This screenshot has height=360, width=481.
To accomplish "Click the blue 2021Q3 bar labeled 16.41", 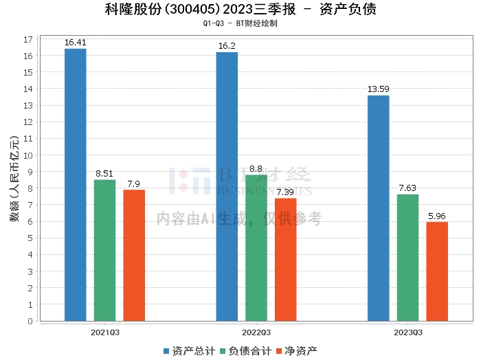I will point(75,185).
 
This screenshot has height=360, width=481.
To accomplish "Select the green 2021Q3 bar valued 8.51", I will point(104,250).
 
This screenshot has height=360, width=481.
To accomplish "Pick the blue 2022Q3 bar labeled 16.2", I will point(227,186).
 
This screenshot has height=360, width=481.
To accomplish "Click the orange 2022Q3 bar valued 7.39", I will point(285,259).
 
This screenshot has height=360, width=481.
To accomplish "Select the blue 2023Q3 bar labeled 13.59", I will point(378,208).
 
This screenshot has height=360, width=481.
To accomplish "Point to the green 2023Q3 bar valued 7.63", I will point(407,258).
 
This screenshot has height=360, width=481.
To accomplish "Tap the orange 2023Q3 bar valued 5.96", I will point(437,271).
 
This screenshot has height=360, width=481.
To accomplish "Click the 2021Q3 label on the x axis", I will point(104,332).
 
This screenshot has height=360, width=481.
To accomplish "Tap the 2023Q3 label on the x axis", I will point(407,332).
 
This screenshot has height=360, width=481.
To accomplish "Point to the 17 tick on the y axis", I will point(29,39).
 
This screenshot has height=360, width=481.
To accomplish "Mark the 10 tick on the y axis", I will point(29,155).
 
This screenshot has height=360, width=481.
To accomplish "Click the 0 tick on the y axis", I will point(31,321).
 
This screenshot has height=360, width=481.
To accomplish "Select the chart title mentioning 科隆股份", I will point(240,10).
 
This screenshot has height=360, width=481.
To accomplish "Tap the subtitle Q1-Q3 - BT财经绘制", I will point(240,23).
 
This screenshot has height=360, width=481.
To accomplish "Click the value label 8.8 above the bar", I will point(256,168).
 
